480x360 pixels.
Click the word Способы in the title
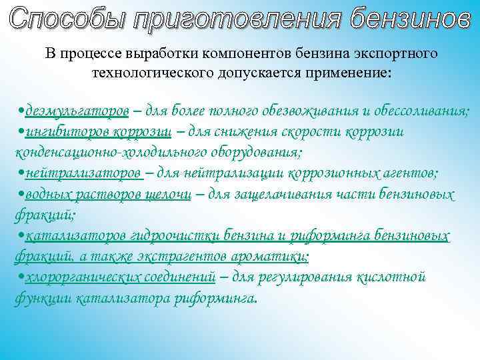point(67,19)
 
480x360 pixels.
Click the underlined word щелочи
point(169,194)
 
